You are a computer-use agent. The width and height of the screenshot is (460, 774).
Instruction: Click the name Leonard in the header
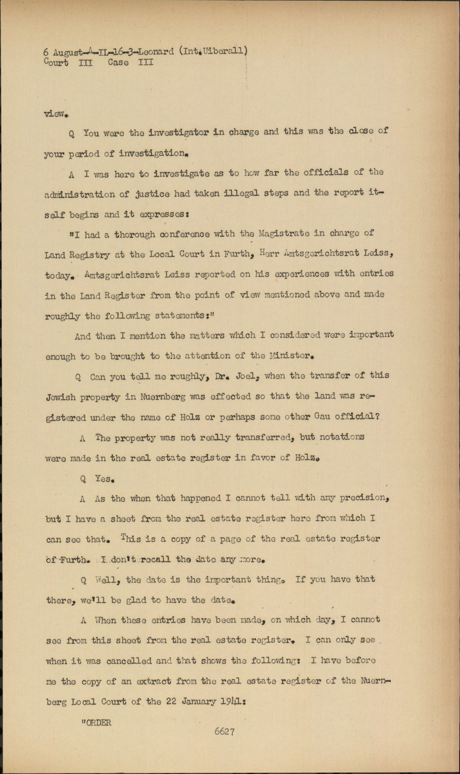point(156,52)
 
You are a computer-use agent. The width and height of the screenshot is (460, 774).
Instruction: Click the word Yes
point(104,479)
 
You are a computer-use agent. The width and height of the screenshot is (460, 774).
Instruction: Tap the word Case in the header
point(118,62)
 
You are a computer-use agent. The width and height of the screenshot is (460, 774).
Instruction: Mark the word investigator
point(178,132)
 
